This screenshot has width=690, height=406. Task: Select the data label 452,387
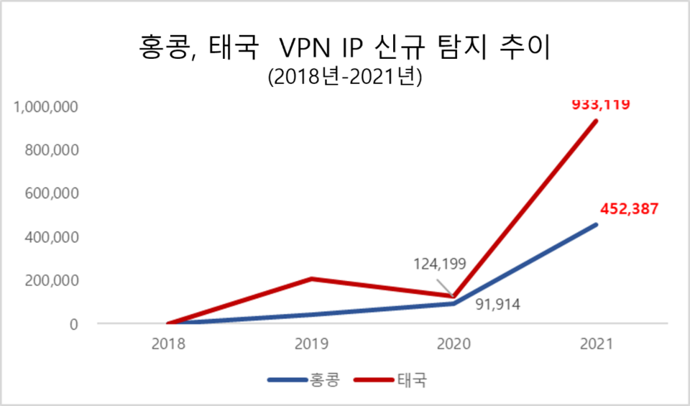tap(629, 210)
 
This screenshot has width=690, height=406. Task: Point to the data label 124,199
tap(440, 264)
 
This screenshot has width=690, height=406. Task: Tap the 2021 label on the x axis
tap(596, 344)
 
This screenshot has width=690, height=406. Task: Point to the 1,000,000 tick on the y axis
tap(45, 106)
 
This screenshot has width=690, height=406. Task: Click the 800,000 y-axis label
tap(50, 150)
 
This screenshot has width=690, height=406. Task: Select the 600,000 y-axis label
tap(50, 193)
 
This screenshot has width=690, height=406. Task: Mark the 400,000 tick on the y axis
tap(50, 237)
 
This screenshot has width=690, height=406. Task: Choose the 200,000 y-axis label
tap(50, 280)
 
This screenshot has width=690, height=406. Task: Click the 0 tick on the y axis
tap(73, 324)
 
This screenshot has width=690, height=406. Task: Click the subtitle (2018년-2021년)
tap(344, 77)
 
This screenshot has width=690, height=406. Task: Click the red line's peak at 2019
tap(310, 278)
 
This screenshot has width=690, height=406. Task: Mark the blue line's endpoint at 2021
tap(596, 225)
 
